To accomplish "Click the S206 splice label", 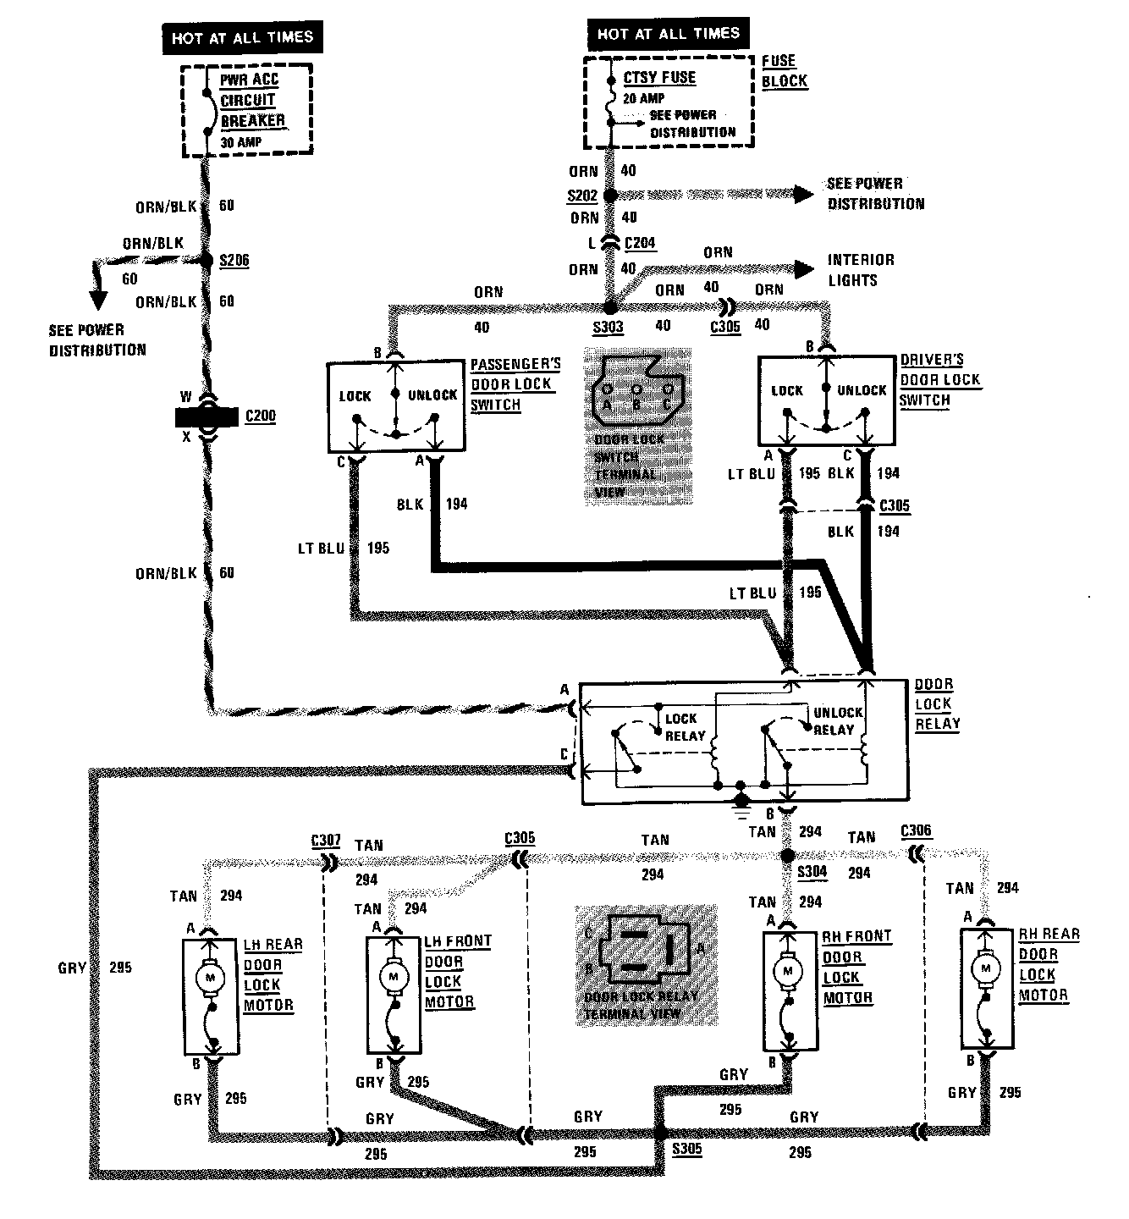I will tap(234, 261).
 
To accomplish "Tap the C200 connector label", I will tap(260, 416).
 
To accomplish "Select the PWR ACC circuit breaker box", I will tap(247, 110).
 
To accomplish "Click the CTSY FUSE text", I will tap(659, 78).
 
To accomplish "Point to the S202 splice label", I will tap(582, 196).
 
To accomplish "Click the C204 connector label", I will tap(640, 243).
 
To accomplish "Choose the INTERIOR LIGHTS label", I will tap(860, 270).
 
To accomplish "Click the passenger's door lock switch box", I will tap(395, 407).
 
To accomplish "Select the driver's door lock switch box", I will tap(826, 400).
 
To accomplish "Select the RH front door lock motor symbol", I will tap(789, 970).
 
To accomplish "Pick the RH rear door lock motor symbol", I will tap(985, 966).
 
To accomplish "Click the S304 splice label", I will tap(812, 872).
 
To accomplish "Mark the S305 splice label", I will tap(686, 1150).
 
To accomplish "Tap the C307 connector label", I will tap(326, 841).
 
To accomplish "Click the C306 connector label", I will tap(917, 830).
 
